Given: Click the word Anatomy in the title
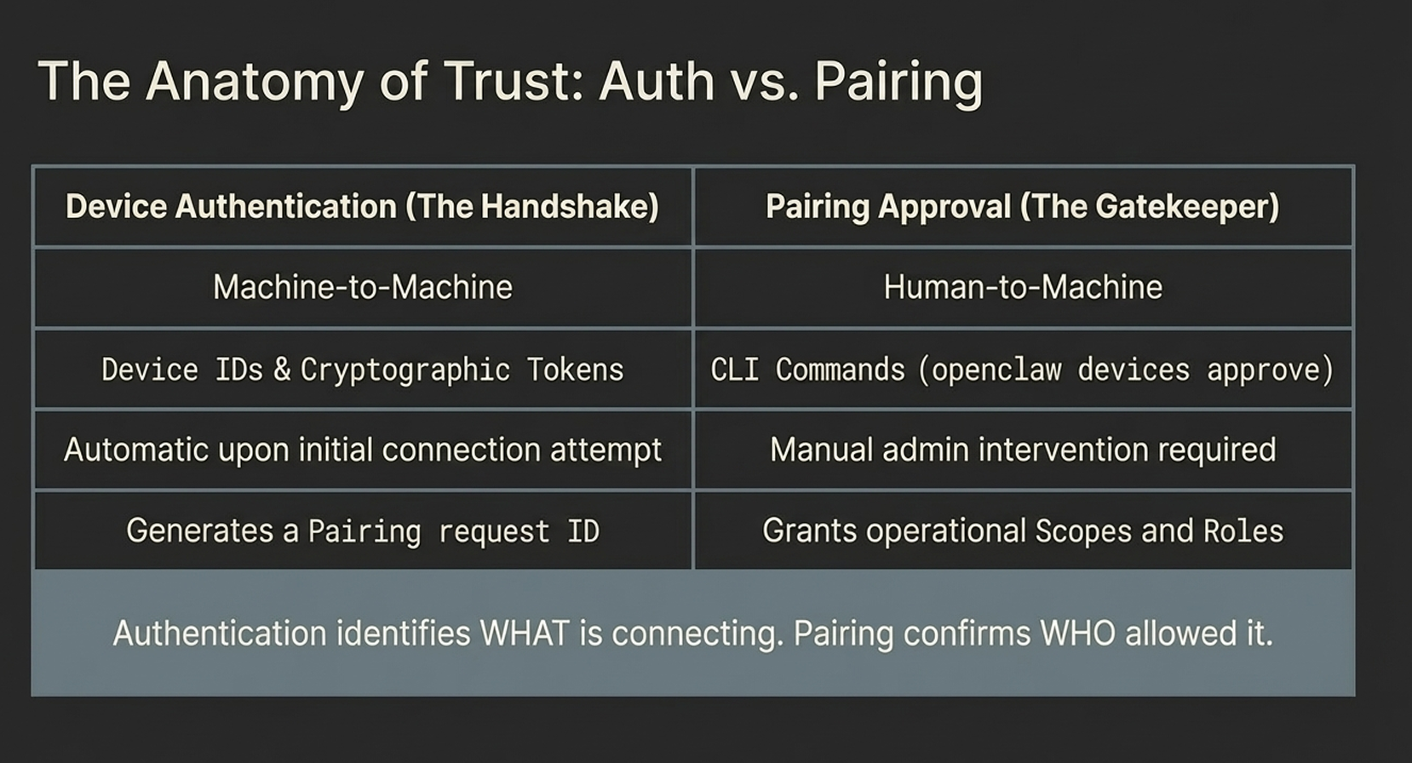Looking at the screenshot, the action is click(x=255, y=82).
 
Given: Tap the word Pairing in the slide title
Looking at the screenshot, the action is click(x=898, y=82).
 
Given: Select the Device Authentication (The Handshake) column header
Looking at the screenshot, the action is click(x=363, y=206).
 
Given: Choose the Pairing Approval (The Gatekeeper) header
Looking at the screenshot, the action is click(x=1023, y=206).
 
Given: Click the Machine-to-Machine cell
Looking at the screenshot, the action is click(x=363, y=287).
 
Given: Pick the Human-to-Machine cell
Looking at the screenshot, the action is click(x=1023, y=287).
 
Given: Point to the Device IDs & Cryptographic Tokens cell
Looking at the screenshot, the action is click(x=363, y=370).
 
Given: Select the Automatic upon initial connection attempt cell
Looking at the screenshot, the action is click(x=363, y=450).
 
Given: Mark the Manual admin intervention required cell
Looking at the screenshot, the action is click(x=1023, y=450).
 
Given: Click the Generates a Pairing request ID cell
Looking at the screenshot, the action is click(x=363, y=531).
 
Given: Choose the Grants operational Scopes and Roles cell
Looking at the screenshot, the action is click(x=1023, y=531).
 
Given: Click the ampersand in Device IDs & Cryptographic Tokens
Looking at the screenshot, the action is click(x=282, y=370).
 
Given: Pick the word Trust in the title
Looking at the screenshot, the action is click(x=514, y=82).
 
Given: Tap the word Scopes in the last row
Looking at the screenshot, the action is click(x=1083, y=531).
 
